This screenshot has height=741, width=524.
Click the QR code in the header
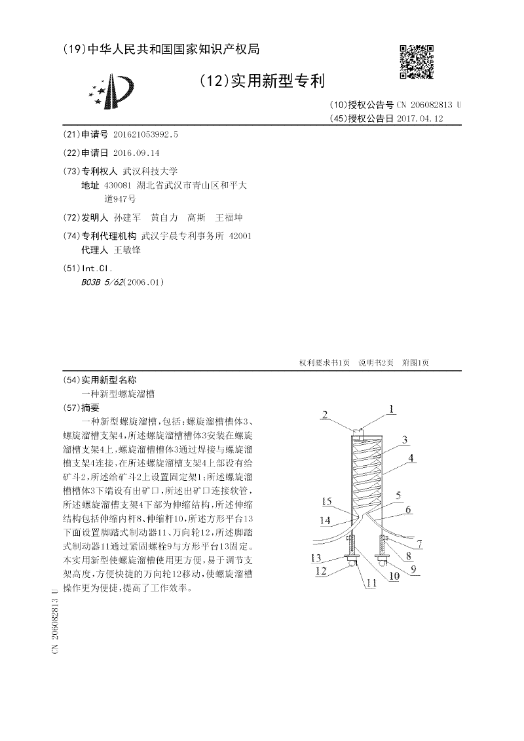click(416, 62)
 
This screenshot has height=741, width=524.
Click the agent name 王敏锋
click(128, 250)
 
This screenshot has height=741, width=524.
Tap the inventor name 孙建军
click(127, 218)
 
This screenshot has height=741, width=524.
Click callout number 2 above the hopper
click(324, 413)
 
